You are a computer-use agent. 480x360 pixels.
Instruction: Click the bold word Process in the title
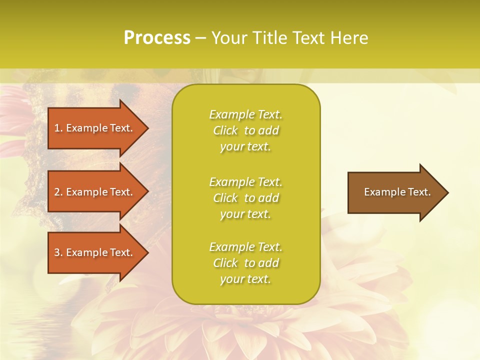tap(157, 37)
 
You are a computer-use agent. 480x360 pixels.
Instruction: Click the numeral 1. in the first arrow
tap(58, 128)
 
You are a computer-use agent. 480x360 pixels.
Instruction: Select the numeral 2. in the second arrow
tap(58, 192)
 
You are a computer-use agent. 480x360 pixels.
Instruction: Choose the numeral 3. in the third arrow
tap(58, 252)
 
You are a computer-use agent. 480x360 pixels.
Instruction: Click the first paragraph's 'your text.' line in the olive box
tap(245, 147)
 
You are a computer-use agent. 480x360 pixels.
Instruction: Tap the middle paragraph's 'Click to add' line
tap(245, 198)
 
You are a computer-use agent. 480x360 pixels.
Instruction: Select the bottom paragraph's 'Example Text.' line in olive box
tap(245, 247)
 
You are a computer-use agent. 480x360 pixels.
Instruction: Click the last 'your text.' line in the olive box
tap(245, 279)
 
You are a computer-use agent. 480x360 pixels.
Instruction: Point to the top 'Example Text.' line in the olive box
tap(245, 114)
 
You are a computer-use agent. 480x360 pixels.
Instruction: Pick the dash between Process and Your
tap(201, 38)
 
